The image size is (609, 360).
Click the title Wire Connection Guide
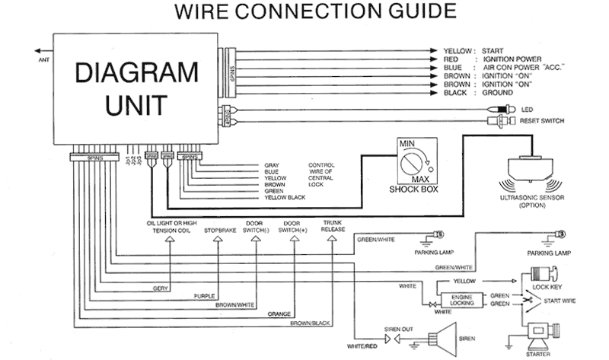pos(304,12)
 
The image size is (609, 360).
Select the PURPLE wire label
pos(204,296)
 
